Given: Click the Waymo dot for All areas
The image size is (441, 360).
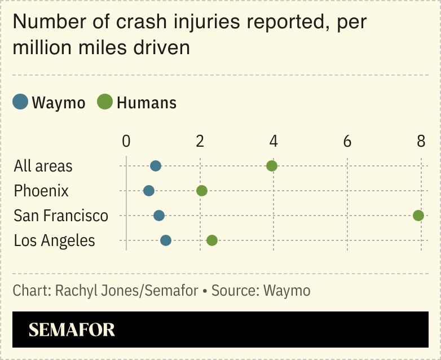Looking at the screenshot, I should [156, 166].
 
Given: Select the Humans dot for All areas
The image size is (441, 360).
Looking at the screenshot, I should [272, 166].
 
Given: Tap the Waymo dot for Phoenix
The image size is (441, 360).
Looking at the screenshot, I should [149, 191].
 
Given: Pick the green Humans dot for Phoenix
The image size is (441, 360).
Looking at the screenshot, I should [202, 191].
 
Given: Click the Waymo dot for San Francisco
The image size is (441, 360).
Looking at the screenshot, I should [159, 216].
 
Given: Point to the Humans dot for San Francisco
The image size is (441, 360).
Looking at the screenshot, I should [418, 216].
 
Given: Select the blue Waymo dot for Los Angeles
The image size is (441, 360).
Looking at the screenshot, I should [166, 240].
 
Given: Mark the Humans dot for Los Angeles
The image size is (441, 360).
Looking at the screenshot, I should [212, 240].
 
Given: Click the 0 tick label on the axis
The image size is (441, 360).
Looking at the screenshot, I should [126, 141].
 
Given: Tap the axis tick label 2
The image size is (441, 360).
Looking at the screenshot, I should [200, 141].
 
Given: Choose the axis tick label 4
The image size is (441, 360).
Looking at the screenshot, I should [274, 141].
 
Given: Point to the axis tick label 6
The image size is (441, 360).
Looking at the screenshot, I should [347, 141].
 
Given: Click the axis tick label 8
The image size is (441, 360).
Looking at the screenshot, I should [421, 141].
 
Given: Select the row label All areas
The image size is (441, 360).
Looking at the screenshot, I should [43, 166].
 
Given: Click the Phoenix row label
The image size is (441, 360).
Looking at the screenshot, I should [41, 191].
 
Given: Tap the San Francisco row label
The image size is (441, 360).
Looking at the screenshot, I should [61, 216].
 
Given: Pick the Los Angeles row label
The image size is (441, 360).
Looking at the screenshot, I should [55, 240].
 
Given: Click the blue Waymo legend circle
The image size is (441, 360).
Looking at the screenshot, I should [20, 102].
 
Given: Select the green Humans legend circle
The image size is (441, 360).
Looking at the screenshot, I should [105, 102].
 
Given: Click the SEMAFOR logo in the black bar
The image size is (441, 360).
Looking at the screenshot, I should [72, 330].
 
